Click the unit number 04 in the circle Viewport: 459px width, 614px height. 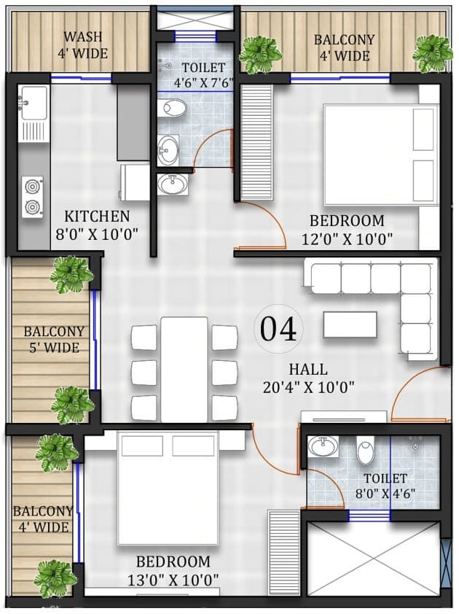[x=278, y=329]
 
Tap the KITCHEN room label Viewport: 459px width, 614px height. [x=97, y=216]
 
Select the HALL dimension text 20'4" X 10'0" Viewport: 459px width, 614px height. [x=308, y=387]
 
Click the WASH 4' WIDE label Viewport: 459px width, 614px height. [x=82, y=44]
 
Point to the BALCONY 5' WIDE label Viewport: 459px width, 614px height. [x=54, y=340]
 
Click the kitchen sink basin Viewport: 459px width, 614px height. [x=34, y=103]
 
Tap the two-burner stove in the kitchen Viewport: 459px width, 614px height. [x=33, y=197]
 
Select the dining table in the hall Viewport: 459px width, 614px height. [x=184, y=370]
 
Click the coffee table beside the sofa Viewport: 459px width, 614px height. [x=350, y=325]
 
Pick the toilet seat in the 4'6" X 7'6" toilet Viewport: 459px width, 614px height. [x=172, y=108]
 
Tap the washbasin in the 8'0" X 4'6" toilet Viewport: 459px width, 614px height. [x=323, y=446]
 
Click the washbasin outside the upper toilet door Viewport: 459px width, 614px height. [x=173, y=184]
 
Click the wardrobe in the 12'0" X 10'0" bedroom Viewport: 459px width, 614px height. [x=256, y=141]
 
